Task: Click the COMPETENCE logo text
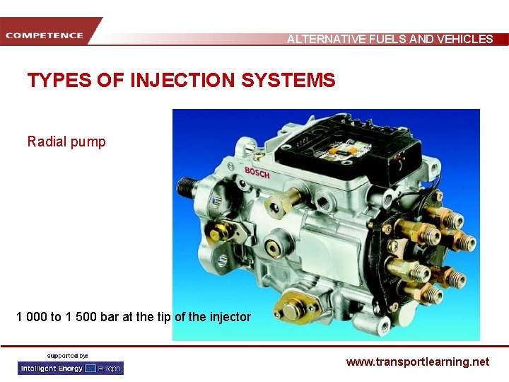pyautogui.click(x=45, y=35)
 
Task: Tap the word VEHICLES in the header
pyautogui.click(x=467, y=40)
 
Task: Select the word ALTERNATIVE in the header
pyautogui.click(x=326, y=40)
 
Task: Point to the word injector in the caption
pyautogui.click(x=228, y=317)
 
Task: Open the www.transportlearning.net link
pyautogui.click(x=417, y=361)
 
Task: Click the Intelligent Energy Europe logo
pyautogui.click(x=71, y=368)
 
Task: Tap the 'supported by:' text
pyautogui.click(x=68, y=355)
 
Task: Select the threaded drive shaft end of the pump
pyautogui.click(x=188, y=188)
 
